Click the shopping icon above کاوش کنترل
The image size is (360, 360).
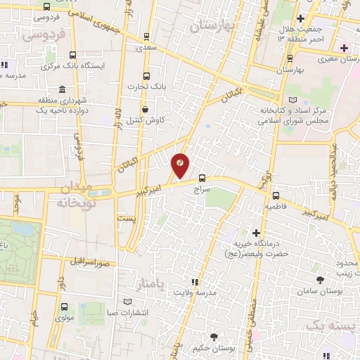(x=146, y=109)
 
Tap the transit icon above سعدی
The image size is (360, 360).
(x=146, y=37)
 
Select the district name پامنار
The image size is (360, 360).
(x=150, y=283)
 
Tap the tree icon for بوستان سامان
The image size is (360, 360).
(x=321, y=280)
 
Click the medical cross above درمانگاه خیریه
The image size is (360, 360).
(x=256, y=232)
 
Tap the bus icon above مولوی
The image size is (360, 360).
(x=65, y=307)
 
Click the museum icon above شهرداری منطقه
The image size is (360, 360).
(x=63, y=89)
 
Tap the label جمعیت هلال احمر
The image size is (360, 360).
(x=320, y=33)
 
